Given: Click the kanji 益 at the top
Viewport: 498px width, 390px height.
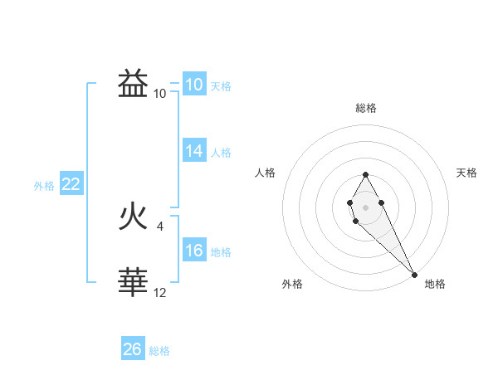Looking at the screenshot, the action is pos(134,84).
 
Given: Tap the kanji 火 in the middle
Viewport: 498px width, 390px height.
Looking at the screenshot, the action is pos(134,217).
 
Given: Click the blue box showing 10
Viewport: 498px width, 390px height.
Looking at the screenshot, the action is pos(193,85).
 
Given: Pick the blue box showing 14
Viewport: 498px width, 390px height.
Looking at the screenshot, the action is pos(193,151).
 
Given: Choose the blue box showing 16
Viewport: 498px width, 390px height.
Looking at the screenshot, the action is pos(193,251).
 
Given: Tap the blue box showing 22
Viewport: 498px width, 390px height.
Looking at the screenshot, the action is pos(71,184).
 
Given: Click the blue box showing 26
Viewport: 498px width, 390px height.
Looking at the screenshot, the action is pos(132,349).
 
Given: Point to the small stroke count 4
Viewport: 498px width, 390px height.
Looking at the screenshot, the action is pos(159,226).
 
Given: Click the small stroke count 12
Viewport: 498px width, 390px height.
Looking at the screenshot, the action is pos(160,292).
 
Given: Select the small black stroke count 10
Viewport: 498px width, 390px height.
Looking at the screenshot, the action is pos(159,93).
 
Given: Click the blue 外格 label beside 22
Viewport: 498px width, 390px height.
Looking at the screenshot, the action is pos(44,186).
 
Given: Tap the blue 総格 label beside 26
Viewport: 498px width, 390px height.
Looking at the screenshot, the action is pos(159,351).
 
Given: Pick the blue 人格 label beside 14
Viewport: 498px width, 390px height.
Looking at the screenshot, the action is pos(221,153).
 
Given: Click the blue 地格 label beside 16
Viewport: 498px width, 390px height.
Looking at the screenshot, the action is pos(221,252).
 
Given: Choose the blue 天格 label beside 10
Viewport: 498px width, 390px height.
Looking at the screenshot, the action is pos(221,86).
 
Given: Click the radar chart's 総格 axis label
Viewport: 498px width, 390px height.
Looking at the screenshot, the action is pos(366,108).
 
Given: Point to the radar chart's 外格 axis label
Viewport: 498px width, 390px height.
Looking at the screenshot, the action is pos(292,284).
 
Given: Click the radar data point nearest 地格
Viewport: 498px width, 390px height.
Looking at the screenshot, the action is pos(414,275).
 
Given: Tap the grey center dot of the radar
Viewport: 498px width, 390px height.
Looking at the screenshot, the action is pos(366,206).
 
